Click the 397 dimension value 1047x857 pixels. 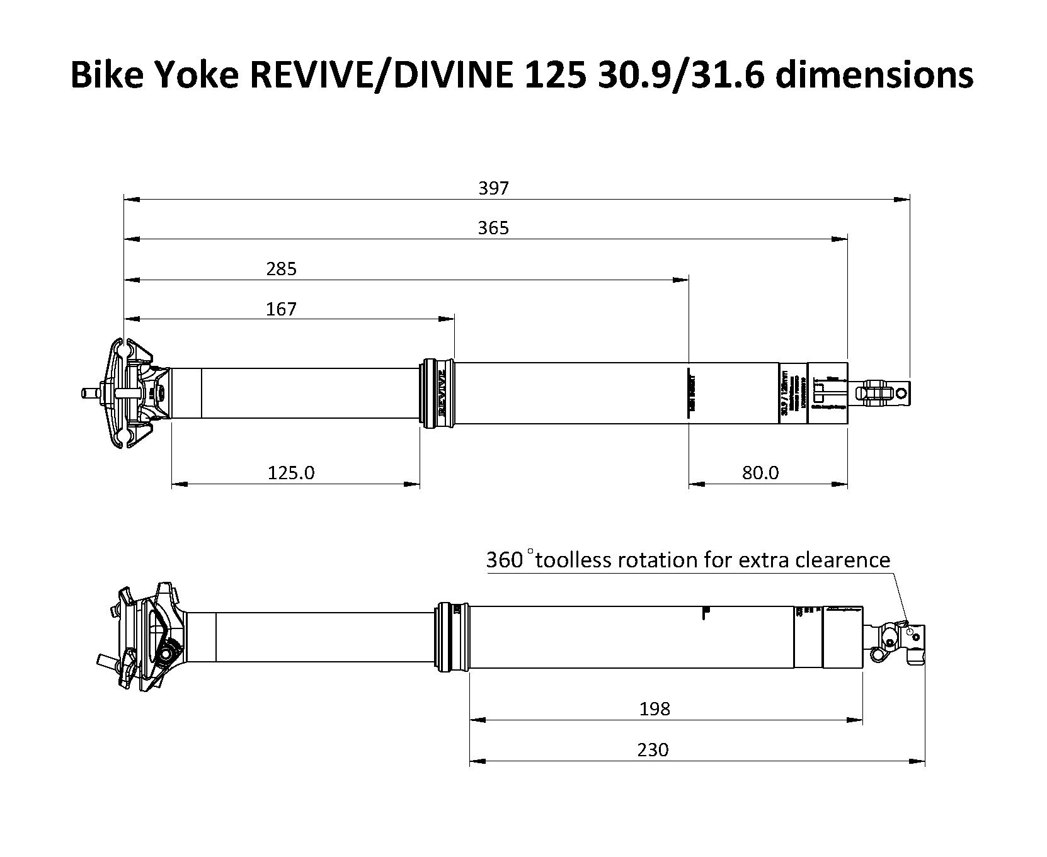point(493,188)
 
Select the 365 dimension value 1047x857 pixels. point(493,228)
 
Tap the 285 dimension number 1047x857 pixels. point(281,269)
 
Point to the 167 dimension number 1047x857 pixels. point(281,309)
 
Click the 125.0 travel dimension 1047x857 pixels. point(291,472)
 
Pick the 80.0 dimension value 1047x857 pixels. point(760,472)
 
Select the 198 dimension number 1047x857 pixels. point(655,709)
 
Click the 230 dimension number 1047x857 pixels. point(653,750)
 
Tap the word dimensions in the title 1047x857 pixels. point(874,75)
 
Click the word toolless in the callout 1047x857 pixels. point(573,560)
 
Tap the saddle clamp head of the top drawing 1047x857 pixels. point(129,394)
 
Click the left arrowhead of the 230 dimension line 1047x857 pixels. point(478,761)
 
